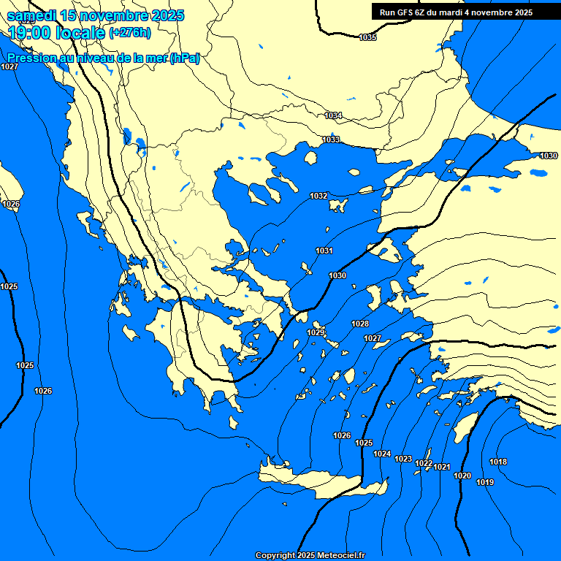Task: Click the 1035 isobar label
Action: pos(368,37)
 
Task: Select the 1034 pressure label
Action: pos(333,115)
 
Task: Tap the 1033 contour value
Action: pos(331,140)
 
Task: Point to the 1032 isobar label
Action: pos(318,196)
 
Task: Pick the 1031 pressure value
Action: pos(324,251)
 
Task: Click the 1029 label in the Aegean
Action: pos(316,332)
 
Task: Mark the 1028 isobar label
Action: pos(360,324)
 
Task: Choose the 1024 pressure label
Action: pos(382,454)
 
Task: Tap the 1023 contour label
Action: pos(403,459)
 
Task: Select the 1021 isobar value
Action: pos(442,467)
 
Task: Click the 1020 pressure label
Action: pos(462,476)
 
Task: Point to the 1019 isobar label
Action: pos(485,482)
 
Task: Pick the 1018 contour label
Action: pos(498,462)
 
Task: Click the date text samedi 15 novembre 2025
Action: pos(96,15)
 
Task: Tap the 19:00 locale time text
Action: pos(57,33)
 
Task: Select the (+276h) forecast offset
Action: pos(130,32)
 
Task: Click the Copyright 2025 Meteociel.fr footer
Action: pos(310,555)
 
